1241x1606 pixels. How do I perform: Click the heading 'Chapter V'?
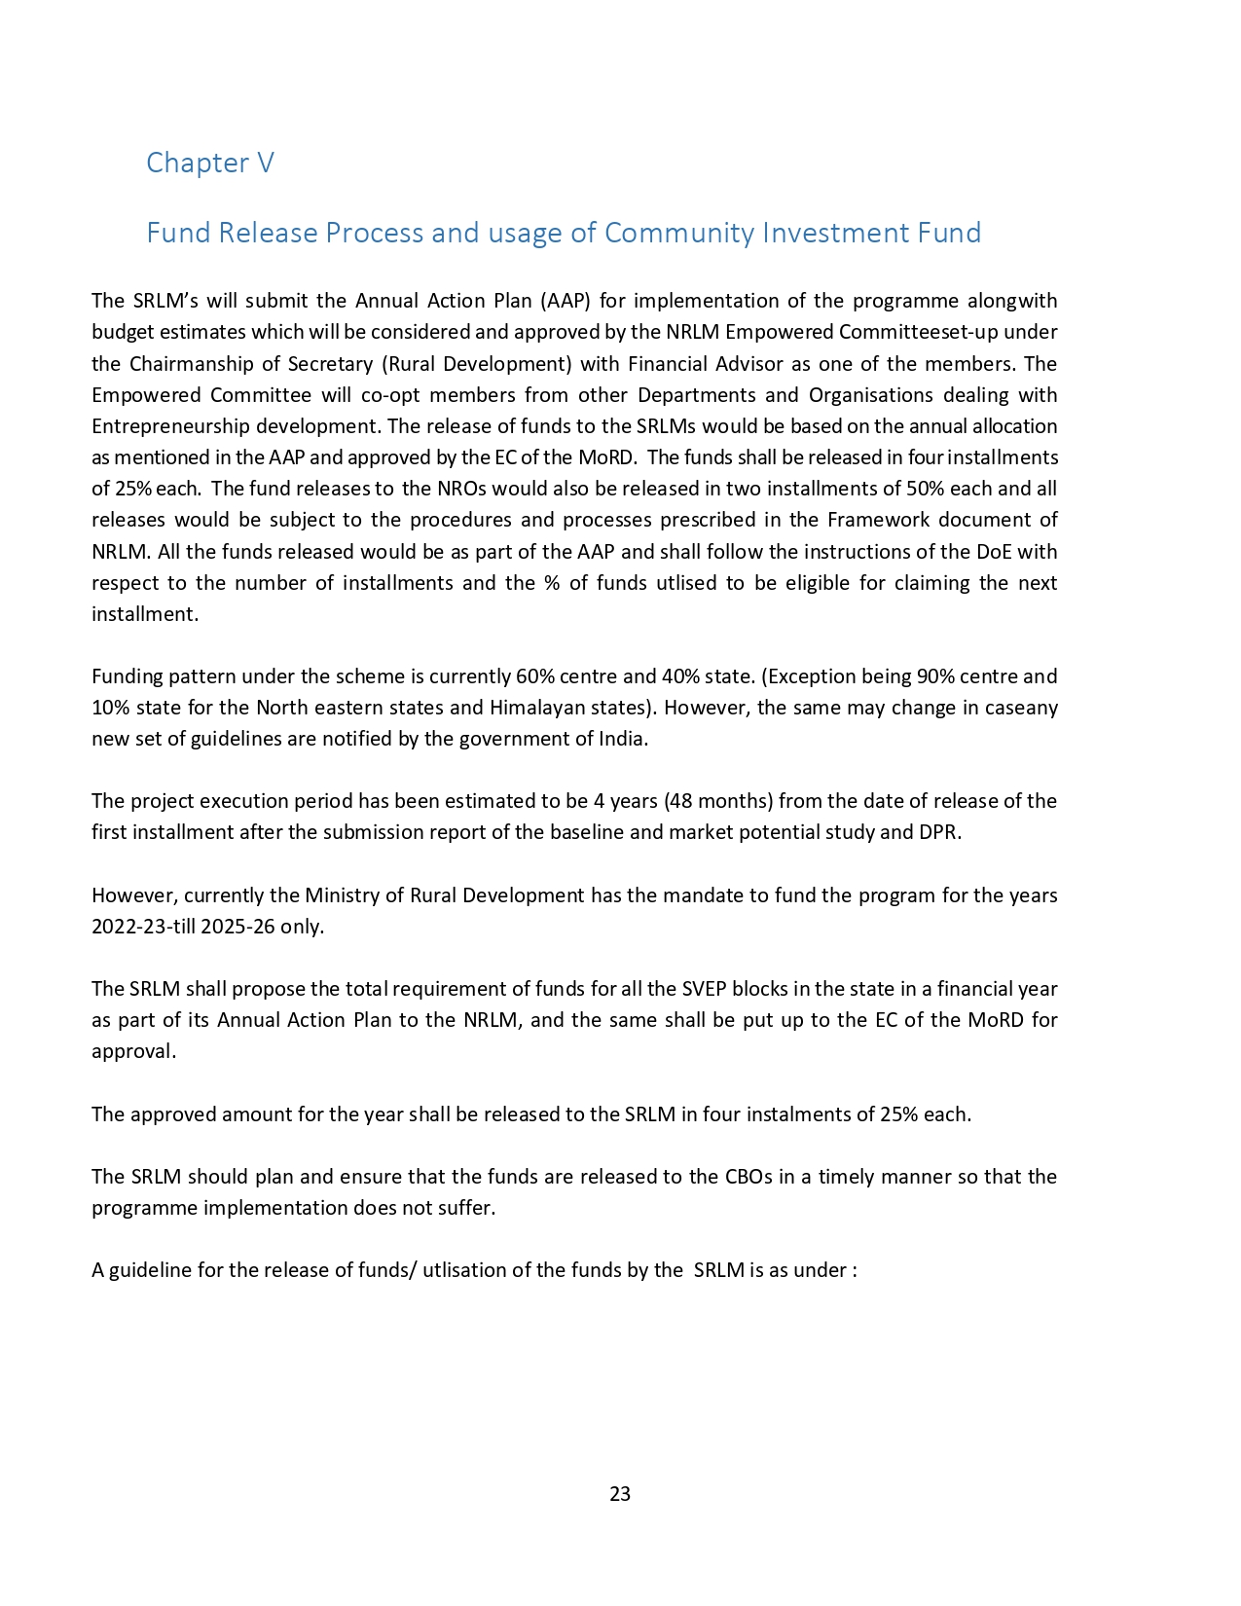tap(210, 163)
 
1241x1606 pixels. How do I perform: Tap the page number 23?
tap(620, 1494)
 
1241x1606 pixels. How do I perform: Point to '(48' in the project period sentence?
tap(678, 801)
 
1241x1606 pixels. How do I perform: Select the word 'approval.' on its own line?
tap(134, 1052)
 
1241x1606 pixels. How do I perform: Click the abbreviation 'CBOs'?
tap(748, 1177)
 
